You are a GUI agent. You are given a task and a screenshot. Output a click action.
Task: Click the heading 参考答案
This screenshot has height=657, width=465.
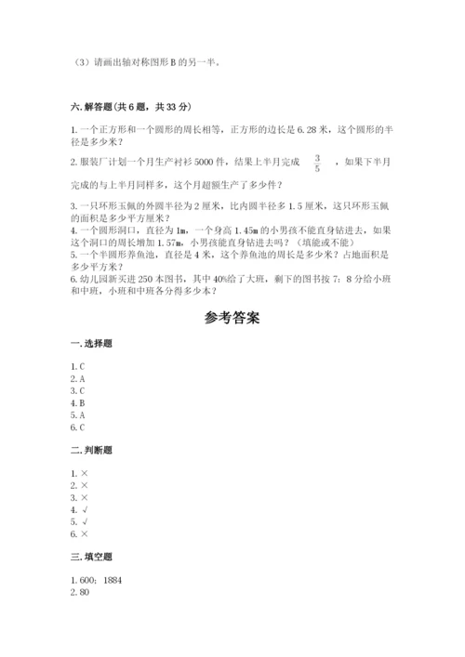point(232,318)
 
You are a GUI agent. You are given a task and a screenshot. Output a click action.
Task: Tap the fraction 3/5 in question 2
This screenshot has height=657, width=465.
point(317,164)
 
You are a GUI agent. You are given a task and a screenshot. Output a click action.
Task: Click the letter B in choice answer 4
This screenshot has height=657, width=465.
point(82,402)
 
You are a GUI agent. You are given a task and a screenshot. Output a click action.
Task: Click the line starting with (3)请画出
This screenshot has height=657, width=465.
point(148,64)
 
